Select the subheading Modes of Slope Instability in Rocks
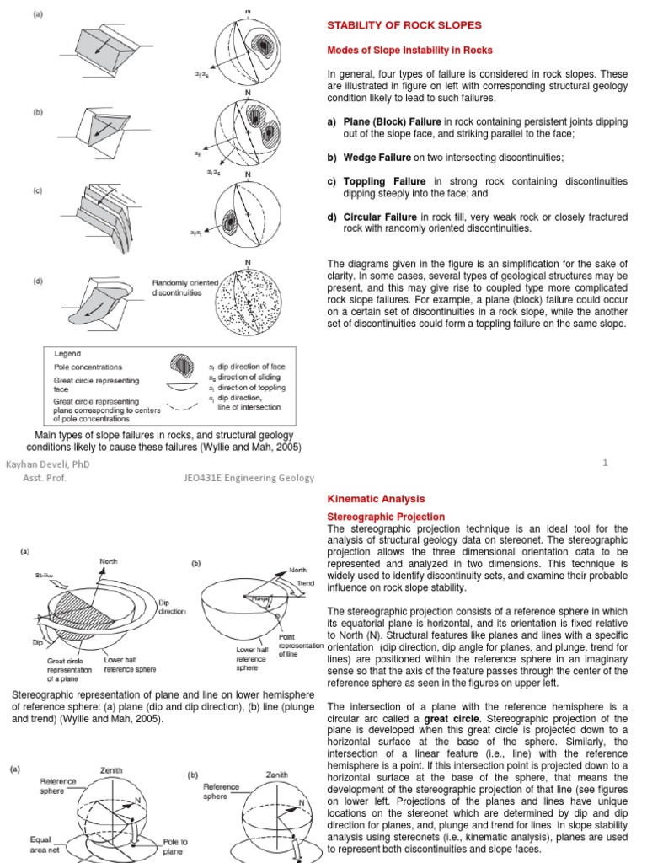point(409,51)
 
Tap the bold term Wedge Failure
point(376,158)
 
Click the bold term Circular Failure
point(380,217)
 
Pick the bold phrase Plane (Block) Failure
point(393,122)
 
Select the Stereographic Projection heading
point(386,517)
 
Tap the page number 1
point(605,463)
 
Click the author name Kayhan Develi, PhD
point(47,464)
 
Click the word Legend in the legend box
point(67,355)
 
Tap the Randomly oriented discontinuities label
point(185,289)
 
